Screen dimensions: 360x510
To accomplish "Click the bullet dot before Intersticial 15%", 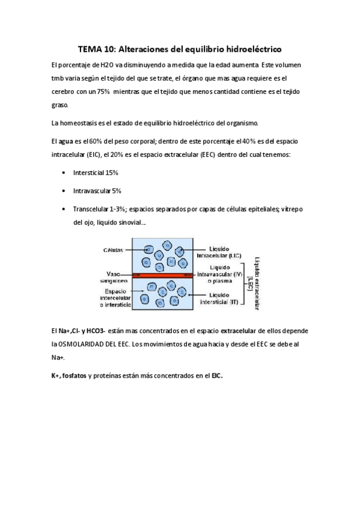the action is click(x=64, y=173).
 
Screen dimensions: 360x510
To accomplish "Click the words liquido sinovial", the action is click(x=124, y=223).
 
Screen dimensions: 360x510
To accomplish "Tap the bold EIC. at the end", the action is click(x=216, y=376).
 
